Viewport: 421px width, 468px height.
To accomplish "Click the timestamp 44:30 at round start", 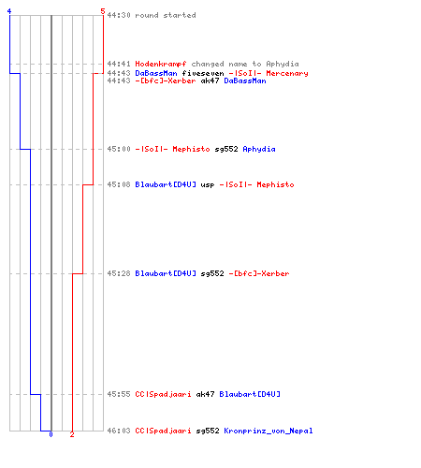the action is coord(119,15).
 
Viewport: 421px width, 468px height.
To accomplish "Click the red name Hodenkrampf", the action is coord(161,64).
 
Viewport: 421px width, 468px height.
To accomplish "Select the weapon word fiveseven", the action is coord(203,73).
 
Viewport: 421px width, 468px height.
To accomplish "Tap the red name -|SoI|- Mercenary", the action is coord(269,73).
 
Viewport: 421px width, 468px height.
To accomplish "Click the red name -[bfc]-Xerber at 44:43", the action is coord(166,80).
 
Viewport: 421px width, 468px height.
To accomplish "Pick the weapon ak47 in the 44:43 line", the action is coord(210,80).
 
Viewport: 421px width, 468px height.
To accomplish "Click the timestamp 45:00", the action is coord(119,149).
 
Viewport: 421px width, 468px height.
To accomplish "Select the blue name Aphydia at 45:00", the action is coord(259,149).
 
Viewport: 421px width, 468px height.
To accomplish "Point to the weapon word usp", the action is coord(208,185).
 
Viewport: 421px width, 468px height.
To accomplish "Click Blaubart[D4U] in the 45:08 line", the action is coord(166,184).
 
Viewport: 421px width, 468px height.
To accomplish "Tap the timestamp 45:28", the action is coord(119,273).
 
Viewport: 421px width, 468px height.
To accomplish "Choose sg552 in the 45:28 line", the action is coord(212,273).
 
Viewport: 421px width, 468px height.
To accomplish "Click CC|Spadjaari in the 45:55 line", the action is coord(163,394).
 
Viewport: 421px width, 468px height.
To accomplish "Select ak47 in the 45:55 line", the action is coord(205,394).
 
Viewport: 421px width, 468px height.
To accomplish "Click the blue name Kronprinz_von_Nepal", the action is coord(269,431).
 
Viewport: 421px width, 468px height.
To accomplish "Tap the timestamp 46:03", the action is coord(119,431).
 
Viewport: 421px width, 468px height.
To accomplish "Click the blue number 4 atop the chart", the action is coord(9,11).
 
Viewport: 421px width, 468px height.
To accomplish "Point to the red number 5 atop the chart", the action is coord(103,11).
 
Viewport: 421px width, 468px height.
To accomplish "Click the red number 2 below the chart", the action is coord(72,434).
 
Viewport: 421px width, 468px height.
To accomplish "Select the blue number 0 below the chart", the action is coord(51,434).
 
